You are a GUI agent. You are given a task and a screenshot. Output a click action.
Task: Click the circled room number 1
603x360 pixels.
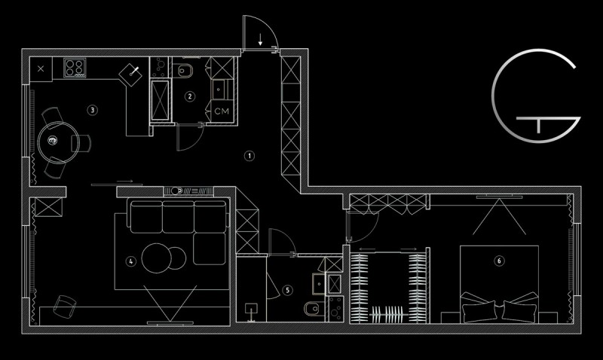[x=249, y=156]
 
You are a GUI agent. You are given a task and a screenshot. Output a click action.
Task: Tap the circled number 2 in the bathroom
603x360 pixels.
[x=190, y=96]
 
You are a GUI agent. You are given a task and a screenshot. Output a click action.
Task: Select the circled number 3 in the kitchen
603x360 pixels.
[x=92, y=110]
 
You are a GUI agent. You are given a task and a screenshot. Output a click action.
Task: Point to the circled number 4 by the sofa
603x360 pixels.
[x=130, y=261]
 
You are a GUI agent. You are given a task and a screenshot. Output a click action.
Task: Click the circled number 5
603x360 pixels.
[x=288, y=290]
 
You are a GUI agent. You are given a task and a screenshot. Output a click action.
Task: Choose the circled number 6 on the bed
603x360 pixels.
[x=499, y=261]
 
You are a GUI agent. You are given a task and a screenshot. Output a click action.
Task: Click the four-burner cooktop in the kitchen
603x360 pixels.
[x=75, y=68]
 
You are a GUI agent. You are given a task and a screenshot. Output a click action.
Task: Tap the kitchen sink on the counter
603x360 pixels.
[x=130, y=73]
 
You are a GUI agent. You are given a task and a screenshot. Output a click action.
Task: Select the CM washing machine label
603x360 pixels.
[x=222, y=111]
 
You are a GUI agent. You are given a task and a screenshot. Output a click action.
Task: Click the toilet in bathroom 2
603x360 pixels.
[x=185, y=70]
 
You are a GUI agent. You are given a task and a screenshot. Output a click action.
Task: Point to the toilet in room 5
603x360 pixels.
[x=312, y=308]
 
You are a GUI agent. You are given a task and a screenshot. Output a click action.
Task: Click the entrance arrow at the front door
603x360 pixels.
[x=260, y=40]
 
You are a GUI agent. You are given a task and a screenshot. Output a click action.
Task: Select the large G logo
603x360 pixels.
[x=536, y=96]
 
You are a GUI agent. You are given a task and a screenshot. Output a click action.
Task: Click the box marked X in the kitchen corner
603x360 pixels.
[x=41, y=69]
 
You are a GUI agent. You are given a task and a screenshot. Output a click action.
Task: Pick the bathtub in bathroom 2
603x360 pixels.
[x=160, y=101]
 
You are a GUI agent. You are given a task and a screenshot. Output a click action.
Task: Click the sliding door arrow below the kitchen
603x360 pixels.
[x=124, y=181]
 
